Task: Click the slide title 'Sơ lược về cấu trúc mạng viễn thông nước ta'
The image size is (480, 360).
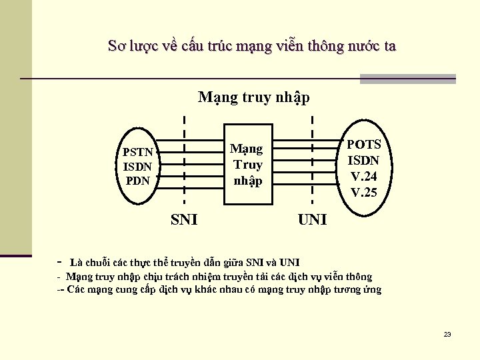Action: pos(251,46)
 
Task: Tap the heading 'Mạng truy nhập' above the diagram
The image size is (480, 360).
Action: pos(254,97)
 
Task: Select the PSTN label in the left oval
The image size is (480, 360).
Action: pos(138,152)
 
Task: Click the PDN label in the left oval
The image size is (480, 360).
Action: pos(138,180)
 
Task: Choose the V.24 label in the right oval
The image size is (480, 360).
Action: pos(364,177)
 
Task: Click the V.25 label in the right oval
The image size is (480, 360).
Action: pos(364,193)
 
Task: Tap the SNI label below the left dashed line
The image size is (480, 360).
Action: pos(184,219)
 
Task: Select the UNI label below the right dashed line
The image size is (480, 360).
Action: pos(313,219)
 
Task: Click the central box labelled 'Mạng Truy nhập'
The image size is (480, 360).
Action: pos(247,164)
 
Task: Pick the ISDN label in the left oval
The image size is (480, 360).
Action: pos(138,166)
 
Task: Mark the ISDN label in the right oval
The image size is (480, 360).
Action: pos(364,161)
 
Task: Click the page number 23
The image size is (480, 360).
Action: pos(447,334)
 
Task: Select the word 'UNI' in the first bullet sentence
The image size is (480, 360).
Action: pos(289,261)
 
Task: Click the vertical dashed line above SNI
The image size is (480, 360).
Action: pos(184,160)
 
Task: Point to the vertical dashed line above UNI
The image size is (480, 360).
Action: pos(313,160)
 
